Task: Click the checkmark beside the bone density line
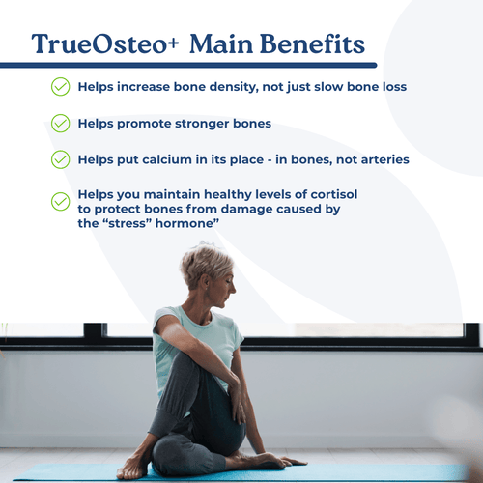[x=60, y=87]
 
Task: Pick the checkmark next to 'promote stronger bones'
[x=60, y=123]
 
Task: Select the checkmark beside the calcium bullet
[x=60, y=158]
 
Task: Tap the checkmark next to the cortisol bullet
[x=60, y=201]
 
